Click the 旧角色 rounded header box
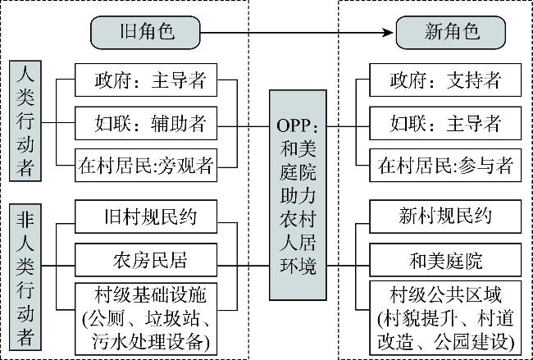145,32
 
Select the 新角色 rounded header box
451,32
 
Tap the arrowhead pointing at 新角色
388,33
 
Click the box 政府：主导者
146,80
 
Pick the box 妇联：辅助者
146,123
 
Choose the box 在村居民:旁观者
146,165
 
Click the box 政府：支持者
445,80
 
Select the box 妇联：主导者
445,123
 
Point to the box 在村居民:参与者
445,165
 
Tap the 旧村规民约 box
146,216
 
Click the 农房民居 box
146,260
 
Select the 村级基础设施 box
146,319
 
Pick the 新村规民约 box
445,216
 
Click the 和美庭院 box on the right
445,260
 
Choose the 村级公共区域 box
445,318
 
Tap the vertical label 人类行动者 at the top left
25,121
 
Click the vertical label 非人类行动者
25,277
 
